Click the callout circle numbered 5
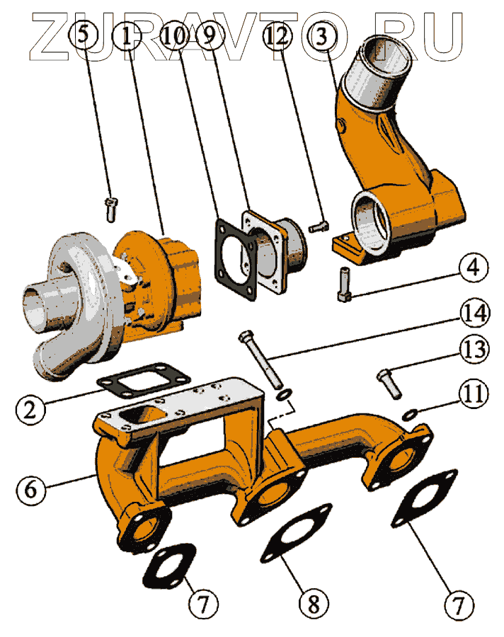point(83,35)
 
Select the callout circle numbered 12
point(278,37)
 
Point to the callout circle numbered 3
point(321,36)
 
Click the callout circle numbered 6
point(31,489)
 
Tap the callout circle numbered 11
point(474,394)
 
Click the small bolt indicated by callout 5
point(110,209)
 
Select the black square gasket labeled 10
point(236,260)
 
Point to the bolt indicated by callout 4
point(344,285)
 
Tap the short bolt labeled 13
point(389,383)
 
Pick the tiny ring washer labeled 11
point(410,415)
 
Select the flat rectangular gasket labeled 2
point(144,380)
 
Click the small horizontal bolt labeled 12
point(319,226)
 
